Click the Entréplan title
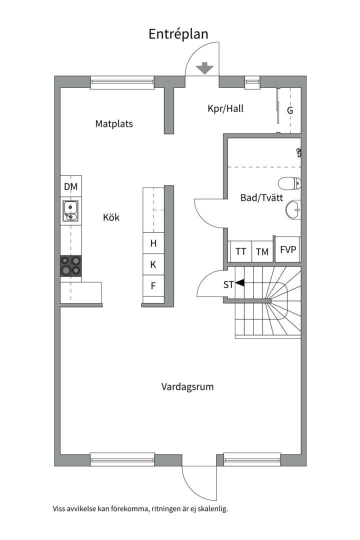click(178, 34)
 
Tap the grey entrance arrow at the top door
click(204, 68)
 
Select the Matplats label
click(114, 124)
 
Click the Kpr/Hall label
click(225, 108)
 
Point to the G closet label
click(290, 110)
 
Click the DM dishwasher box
click(71, 186)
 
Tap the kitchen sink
click(70, 211)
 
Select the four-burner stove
click(71, 266)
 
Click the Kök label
click(111, 217)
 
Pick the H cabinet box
click(153, 243)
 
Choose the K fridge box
click(153, 264)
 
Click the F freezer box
click(153, 286)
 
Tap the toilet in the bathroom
click(289, 183)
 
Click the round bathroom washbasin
click(293, 209)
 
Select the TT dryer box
click(241, 251)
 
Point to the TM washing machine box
click(262, 251)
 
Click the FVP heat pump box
click(287, 249)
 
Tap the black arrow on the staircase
click(240, 282)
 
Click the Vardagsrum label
click(187, 386)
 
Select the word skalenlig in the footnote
click(212, 508)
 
